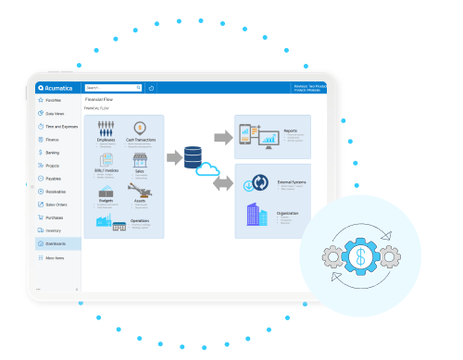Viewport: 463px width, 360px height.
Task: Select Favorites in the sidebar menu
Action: coord(54,99)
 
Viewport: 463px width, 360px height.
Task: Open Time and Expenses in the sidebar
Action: coord(58,126)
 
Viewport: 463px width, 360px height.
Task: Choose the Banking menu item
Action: coord(54,152)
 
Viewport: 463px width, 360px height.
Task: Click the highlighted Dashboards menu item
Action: coord(56,243)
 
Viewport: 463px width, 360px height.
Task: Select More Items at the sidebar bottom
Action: coord(56,257)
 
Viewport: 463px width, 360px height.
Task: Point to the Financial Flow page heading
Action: coord(100,98)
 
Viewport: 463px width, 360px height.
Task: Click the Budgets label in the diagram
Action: coord(106,200)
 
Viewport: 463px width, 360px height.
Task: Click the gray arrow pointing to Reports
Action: coord(223,137)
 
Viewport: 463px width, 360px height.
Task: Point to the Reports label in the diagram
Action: coord(290,130)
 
